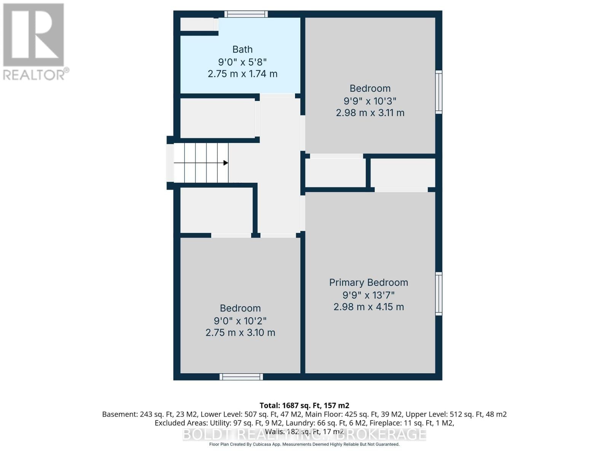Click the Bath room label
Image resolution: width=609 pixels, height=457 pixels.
[242, 50]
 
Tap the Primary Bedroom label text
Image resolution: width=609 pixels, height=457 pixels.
[368, 283]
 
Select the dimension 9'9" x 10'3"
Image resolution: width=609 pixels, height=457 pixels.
[370, 101]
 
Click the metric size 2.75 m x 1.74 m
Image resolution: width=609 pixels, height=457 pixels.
[242, 74]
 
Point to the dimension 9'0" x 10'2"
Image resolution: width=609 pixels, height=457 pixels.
[240, 321]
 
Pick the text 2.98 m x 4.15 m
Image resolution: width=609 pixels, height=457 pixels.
[368, 307]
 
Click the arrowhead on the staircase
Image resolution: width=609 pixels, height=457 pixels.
[225, 163]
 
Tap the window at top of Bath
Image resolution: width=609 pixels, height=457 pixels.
[246, 14]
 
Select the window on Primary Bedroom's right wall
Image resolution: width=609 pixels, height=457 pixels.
[438, 294]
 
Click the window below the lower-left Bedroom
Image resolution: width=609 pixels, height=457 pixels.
[241, 377]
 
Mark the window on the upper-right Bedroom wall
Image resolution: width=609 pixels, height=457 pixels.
[438, 92]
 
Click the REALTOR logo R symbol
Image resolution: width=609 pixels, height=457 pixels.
[33, 35]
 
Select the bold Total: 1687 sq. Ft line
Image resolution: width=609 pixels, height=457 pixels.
[304, 406]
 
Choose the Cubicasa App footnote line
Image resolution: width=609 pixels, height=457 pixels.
[304, 444]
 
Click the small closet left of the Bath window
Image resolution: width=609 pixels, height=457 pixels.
[197, 24]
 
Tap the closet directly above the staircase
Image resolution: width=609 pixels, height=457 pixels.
[217, 118]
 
